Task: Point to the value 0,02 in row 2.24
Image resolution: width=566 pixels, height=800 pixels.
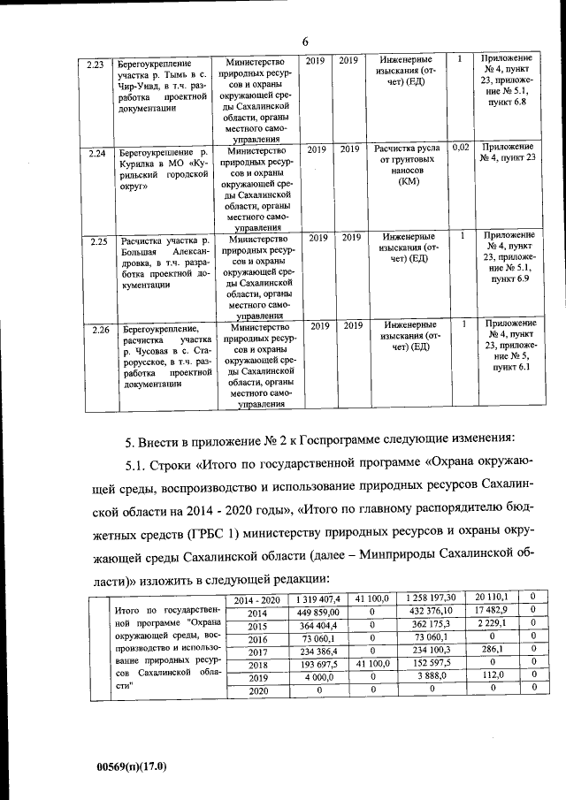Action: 460,147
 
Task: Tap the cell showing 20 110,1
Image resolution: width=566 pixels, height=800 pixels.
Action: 491,599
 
